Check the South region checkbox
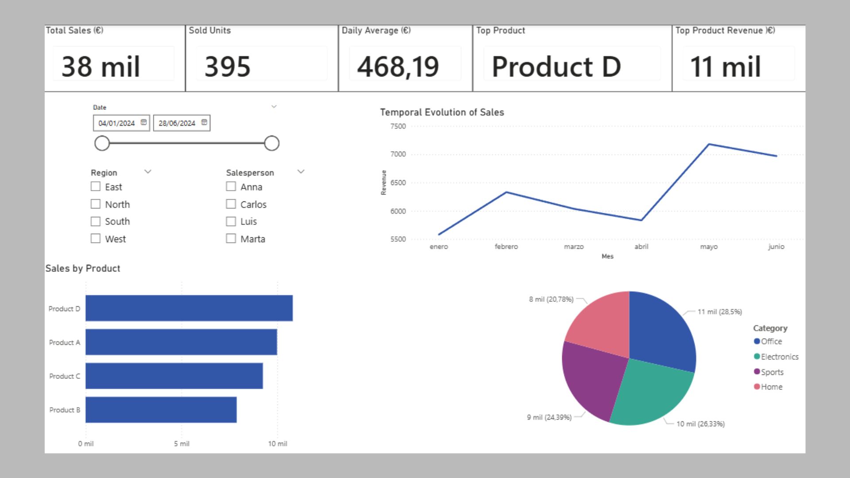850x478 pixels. coord(96,221)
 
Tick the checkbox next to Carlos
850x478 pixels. coord(231,204)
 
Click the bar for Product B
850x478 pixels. coord(161,410)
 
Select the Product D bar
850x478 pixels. coord(189,308)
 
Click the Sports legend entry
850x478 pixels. coord(772,372)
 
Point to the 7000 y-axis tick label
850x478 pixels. coord(398,154)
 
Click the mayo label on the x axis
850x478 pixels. coord(708,247)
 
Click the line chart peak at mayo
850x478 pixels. coord(709,144)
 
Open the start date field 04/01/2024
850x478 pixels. coord(116,123)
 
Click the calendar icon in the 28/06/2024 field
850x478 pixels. coord(204,122)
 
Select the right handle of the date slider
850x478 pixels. coord(271,143)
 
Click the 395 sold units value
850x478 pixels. coord(227,66)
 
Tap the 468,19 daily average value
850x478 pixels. coord(398,66)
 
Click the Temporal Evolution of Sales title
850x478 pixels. coord(442,112)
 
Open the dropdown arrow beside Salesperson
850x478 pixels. coord(301,172)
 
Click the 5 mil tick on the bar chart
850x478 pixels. coord(182,443)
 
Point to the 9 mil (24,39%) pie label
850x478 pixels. coord(549,417)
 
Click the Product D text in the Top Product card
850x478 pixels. coord(556,66)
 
